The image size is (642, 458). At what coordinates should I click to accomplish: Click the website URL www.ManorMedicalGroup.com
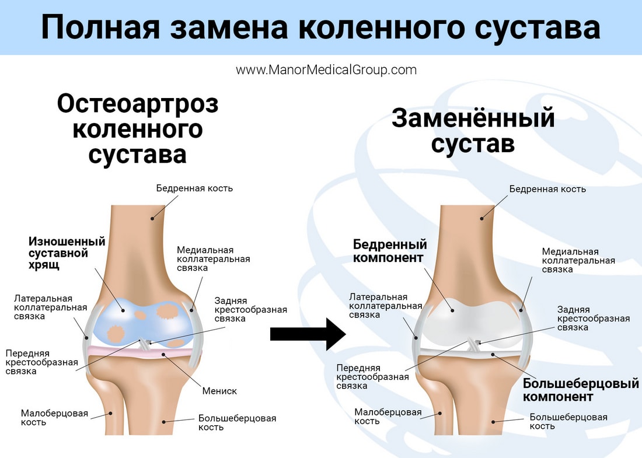pos(326,70)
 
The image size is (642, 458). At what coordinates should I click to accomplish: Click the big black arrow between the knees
pos(308,334)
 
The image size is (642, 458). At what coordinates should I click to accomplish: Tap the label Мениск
pos(219,391)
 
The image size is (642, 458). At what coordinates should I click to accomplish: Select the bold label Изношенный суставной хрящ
pos(67,253)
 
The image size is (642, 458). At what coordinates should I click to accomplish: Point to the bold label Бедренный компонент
pos(390,250)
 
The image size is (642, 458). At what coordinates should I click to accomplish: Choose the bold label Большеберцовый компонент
pos(581,390)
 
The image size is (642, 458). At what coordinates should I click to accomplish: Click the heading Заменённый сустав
pos(473,131)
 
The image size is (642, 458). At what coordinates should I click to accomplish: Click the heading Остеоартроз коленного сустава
pos(138,130)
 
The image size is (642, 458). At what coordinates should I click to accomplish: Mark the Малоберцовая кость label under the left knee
pos(54,417)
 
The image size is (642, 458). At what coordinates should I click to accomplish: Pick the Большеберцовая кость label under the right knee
pos(568,421)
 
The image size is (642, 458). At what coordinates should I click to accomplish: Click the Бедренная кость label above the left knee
pos(194,188)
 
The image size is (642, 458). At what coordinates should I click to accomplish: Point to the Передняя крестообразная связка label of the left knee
pos(41,362)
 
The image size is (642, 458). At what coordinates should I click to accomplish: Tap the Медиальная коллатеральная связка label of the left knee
pos(214,258)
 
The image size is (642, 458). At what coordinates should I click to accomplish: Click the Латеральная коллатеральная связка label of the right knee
pos(385,306)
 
